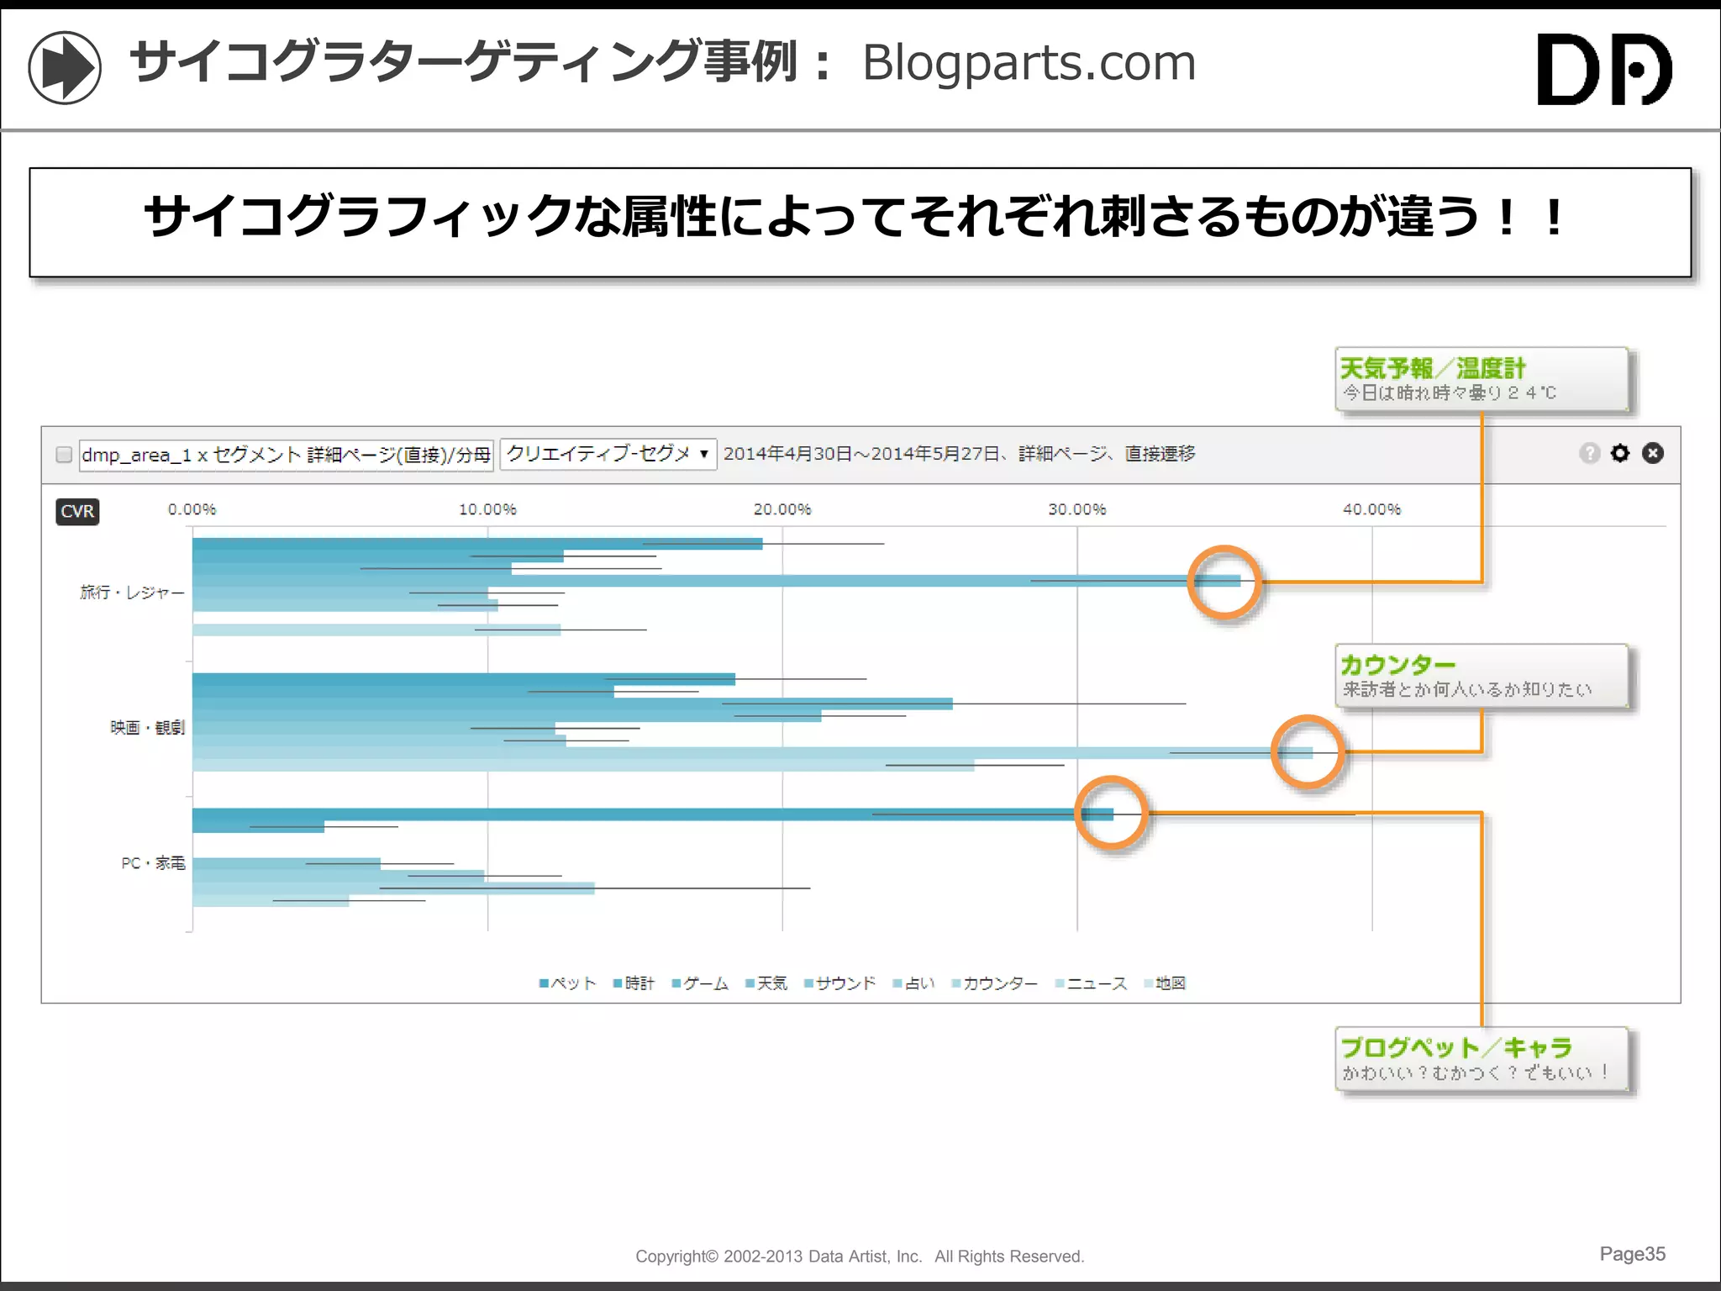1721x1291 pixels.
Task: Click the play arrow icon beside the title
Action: pyautogui.click(x=65, y=67)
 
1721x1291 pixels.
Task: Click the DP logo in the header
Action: pyautogui.click(x=1603, y=69)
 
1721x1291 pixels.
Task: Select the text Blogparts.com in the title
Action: pyautogui.click(x=1029, y=63)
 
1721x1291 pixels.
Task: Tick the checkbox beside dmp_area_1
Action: pyautogui.click(x=64, y=455)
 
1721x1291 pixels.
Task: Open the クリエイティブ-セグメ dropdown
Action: pyautogui.click(x=608, y=454)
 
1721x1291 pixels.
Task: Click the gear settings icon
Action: pyautogui.click(x=1619, y=454)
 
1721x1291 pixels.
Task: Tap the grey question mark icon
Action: pyautogui.click(x=1589, y=454)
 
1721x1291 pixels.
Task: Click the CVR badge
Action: pyautogui.click(x=77, y=511)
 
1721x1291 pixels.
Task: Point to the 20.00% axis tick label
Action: pyautogui.click(x=782, y=509)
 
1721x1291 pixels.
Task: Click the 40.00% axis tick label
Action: pyautogui.click(x=1371, y=509)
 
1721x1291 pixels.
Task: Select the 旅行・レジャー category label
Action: pyautogui.click(x=132, y=593)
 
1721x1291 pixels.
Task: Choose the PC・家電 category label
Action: pyautogui.click(x=153, y=863)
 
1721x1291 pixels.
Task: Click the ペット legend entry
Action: pyautogui.click(x=568, y=983)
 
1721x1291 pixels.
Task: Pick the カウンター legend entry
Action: pyautogui.click(x=995, y=983)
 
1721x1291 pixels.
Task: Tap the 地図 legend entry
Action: pyautogui.click(x=1166, y=983)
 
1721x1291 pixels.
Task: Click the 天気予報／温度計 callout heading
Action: pyautogui.click(x=1432, y=368)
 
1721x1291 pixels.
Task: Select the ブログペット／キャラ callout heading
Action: pyautogui.click(x=1455, y=1047)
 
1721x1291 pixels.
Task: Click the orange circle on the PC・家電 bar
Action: pyautogui.click(x=1111, y=813)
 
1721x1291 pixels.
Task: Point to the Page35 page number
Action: pyautogui.click(x=1631, y=1254)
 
